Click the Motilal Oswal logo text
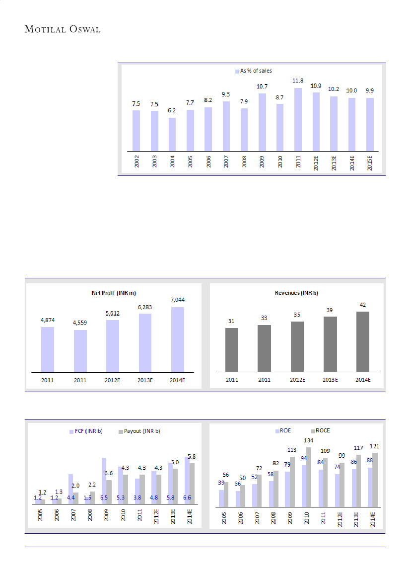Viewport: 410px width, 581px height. click(x=63, y=29)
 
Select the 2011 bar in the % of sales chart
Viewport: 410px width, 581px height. click(x=298, y=119)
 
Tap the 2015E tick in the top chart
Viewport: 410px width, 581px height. click(x=370, y=162)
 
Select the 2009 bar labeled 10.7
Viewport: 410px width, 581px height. click(x=262, y=122)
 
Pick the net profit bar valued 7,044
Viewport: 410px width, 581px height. click(x=178, y=339)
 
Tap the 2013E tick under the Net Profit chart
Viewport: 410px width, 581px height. click(x=145, y=380)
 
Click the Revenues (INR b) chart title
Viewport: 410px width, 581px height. click(x=297, y=293)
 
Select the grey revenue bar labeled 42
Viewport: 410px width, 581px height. click(x=363, y=341)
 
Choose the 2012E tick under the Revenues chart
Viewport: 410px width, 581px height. click(x=297, y=380)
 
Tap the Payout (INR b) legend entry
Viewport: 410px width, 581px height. click(x=143, y=431)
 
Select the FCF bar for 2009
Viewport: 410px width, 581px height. click(x=104, y=480)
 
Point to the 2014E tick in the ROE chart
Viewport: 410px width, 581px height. click(x=373, y=519)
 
